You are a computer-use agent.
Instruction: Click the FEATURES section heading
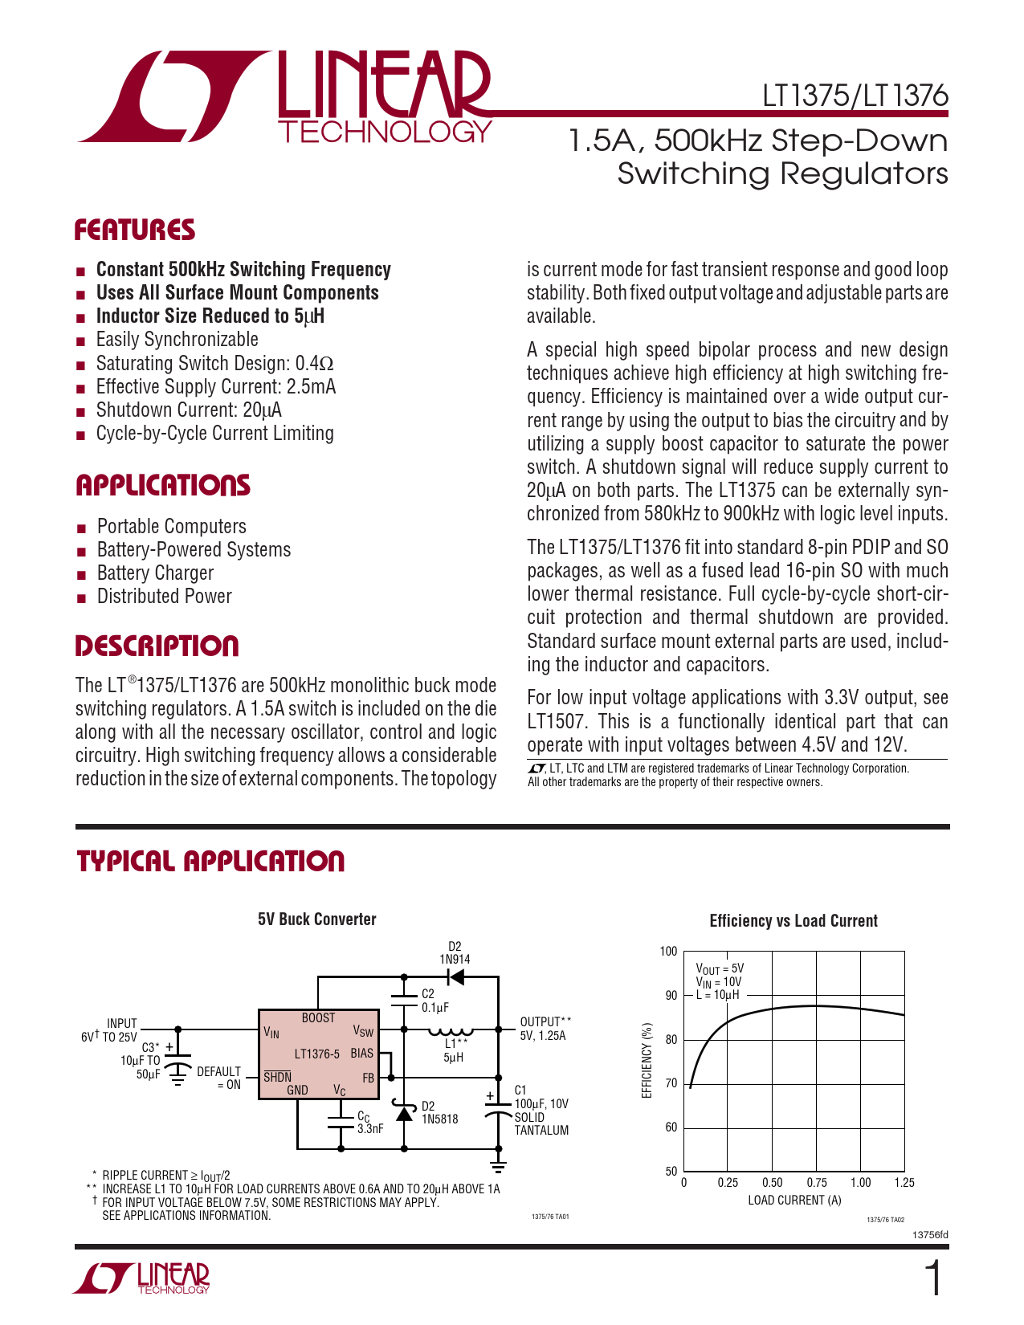[x=135, y=230]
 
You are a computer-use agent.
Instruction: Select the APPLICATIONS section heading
[x=163, y=486]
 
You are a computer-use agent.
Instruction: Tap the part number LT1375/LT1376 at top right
[x=855, y=96]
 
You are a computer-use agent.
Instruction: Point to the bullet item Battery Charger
[x=155, y=573]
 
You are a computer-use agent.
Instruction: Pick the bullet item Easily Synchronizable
[x=177, y=340]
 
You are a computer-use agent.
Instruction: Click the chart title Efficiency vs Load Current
[x=793, y=921]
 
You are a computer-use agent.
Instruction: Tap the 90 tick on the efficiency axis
[x=671, y=996]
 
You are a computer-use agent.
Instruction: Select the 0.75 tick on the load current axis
[x=816, y=1183]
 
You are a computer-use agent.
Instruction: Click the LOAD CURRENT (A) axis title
[x=794, y=1201]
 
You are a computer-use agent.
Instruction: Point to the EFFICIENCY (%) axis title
[x=647, y=1061]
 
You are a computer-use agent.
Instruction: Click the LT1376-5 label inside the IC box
[x=316, y=1054]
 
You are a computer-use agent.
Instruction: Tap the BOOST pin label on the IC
[x=318, y=1018]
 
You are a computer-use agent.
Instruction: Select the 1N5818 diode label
[x=439, y=1119]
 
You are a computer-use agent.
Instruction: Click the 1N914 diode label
[x=455, y=960]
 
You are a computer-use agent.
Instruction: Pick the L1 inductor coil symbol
[x=450, y=1030]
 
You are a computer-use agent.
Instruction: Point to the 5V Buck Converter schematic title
[x=316, y=919]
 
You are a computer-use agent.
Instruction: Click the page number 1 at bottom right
[x=933, y=1279]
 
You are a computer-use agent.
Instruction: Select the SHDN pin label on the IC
[x=277, y=1078]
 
